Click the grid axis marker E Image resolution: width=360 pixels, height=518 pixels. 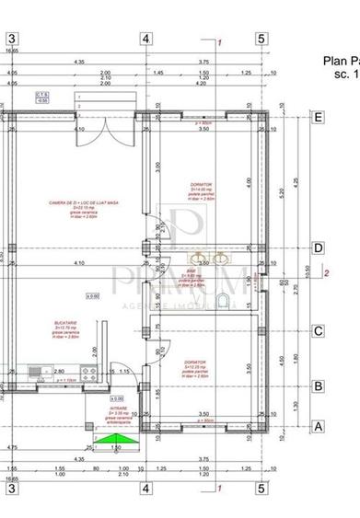point(319,117)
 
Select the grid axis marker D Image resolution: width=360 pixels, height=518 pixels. point(319,247)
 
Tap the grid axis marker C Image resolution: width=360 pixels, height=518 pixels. point(319,332)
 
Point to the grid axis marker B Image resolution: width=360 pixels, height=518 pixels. point(319,386)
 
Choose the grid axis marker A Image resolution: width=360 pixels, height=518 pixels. point(319,426)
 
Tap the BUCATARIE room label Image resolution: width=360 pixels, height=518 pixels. point(64,330)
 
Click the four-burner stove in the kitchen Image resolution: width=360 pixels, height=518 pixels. point(89,372)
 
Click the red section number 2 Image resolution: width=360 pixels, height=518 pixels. point(328,272)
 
